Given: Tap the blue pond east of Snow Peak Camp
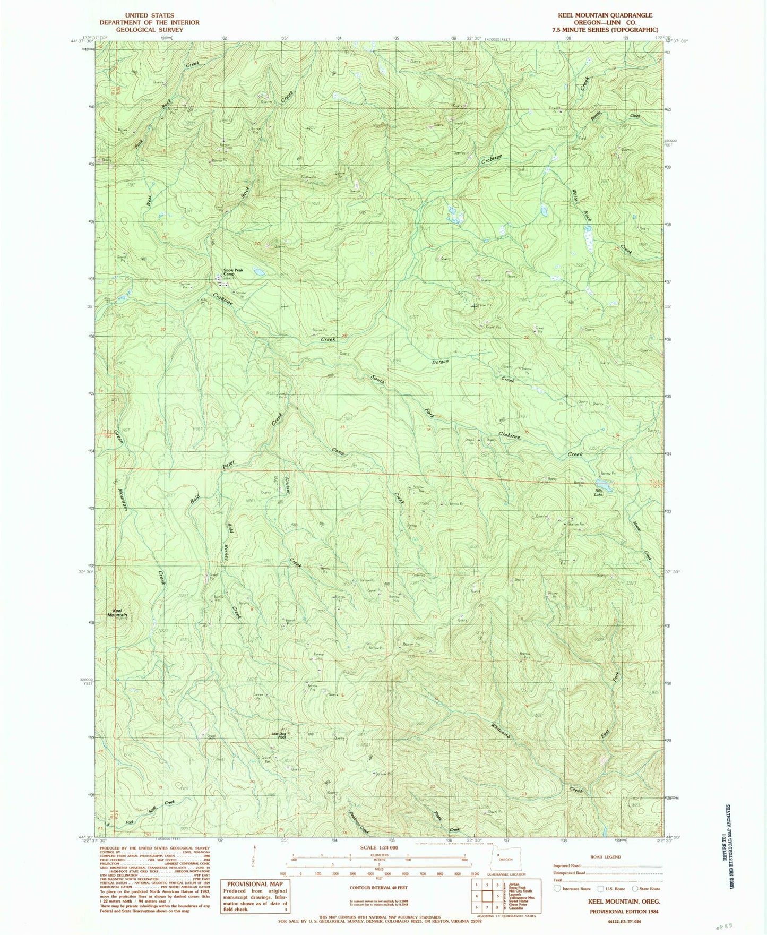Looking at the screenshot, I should [258, 272].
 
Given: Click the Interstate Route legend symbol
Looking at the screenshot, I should [557, 888].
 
